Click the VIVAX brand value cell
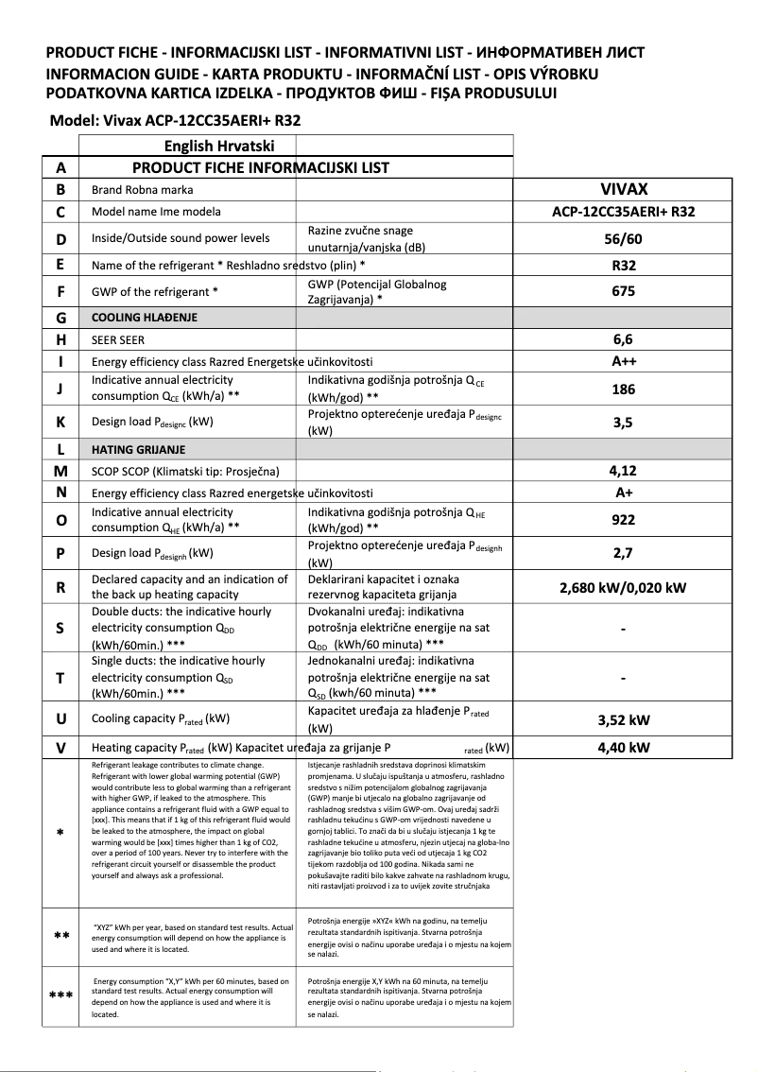(623, 189)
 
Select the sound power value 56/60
(623, 239)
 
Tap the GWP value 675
(623, 292)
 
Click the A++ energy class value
(623, 361)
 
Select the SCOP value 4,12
(623, 470)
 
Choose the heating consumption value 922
(623, 520)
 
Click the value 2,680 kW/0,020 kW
(623, 588)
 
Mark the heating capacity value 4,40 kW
(623, 748)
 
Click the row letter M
(60, 471)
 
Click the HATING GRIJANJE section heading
(137, 449)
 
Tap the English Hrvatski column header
(219, 147)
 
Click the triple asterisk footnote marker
(60, 995)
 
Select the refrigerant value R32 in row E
(623, 266)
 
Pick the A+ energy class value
(623, 493)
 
